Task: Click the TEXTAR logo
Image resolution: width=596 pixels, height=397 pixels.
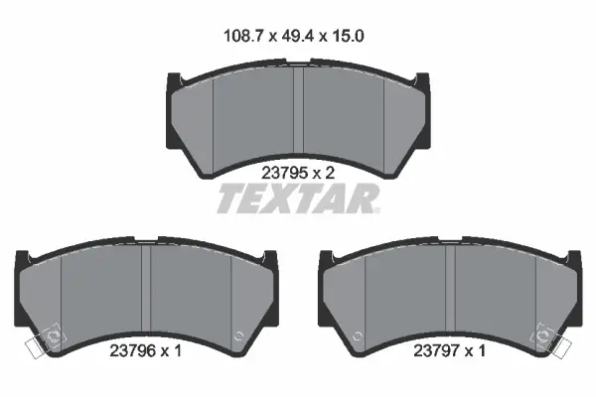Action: pyautogui.click(x=298, y=198)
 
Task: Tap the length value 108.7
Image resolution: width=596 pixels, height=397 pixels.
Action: pyautogui.click(x=243, y=36)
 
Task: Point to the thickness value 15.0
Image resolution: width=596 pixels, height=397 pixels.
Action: pyautogui.click(x=348, y=36)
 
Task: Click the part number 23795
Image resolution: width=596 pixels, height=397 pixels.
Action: pyautogui.click(x=284, y=174)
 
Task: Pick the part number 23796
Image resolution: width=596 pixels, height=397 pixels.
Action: pyautogui.click(x=133, y=350)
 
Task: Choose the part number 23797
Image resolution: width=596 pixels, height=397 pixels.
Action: pyautogui.click(x=436, y=350)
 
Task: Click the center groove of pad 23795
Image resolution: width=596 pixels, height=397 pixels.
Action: pyautogui.click(x=298, y=114)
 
